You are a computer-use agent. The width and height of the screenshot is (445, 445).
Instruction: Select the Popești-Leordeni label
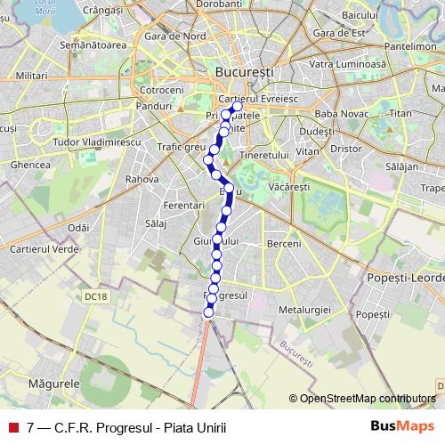tap(405, 278)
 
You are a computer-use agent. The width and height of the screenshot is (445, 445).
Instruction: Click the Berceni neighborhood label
tap(284, 243)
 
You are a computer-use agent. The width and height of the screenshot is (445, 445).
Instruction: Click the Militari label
tap(30, 77)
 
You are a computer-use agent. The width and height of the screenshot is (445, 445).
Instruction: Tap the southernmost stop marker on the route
tap(209, 311)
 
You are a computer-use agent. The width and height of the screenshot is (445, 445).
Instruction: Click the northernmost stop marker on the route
tap(237, 106)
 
